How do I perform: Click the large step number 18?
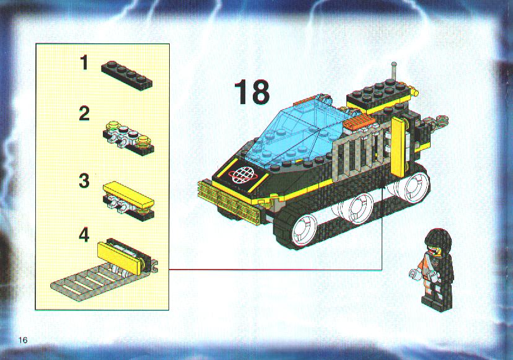click(x=252, y=92)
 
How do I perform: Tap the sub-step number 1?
click(x=85, y=63)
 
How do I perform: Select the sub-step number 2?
click(x=84, y=114)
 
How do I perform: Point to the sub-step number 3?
click(x=84, y=181)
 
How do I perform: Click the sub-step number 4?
click(x=84, y=235)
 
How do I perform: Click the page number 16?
click(x=23, y=340)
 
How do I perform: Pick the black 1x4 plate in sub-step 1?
click(x=126, y=75)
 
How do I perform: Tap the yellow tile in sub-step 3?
click(x=128, y=195)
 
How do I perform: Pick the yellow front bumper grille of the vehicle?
click(x=229, y=200)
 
